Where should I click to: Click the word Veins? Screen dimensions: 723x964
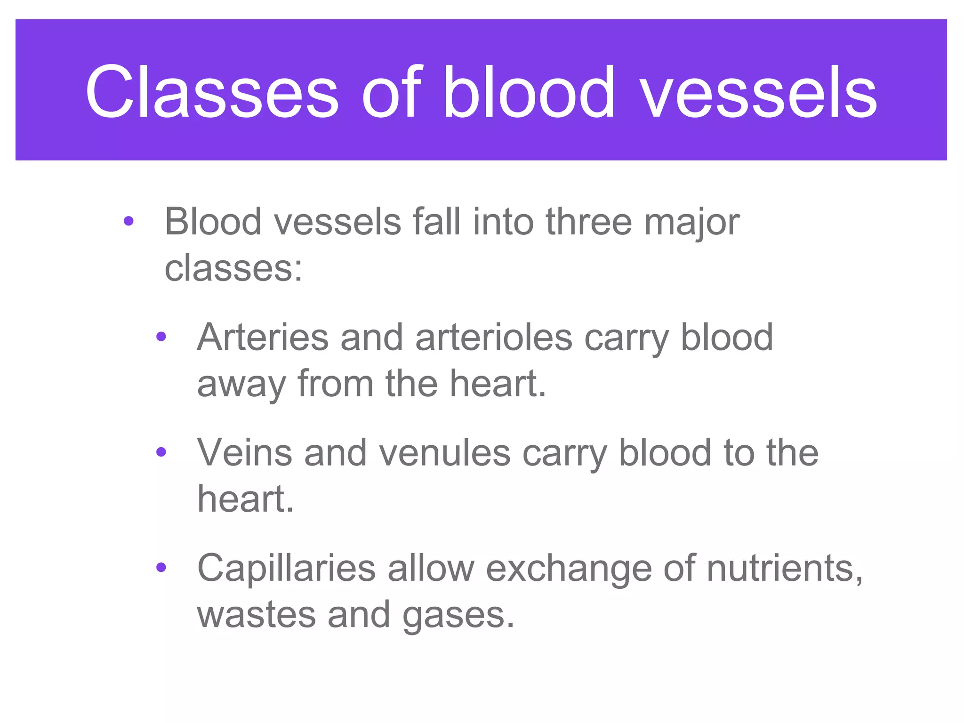pos(245,452)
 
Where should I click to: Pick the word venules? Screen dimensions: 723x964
pos(445,452)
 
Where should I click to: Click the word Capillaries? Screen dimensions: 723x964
pos(286,568)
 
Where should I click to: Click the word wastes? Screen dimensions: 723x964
pos(256,615)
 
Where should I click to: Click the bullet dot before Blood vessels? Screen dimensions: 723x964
pos(129,221)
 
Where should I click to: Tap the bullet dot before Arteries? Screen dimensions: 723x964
pos(161,337)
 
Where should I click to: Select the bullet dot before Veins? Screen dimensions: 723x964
pos(161,452)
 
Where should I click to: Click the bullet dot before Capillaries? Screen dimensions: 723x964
pos(161,568)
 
